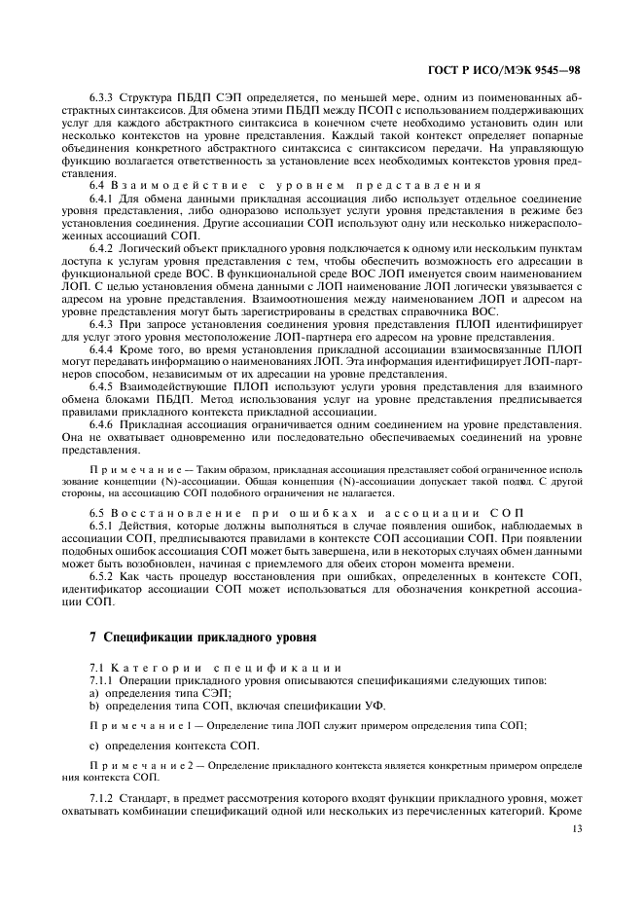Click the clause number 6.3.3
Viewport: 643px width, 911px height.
103,98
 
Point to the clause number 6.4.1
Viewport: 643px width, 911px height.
103,199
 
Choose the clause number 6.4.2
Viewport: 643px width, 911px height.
103,249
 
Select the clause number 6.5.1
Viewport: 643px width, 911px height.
103,526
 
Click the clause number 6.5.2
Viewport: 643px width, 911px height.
103,576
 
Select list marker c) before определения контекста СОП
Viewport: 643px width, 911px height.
93,746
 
